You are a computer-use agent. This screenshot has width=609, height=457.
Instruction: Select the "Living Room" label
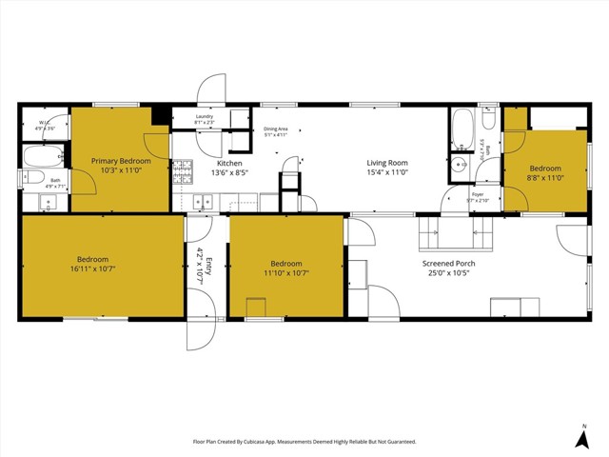(x=387, y=163)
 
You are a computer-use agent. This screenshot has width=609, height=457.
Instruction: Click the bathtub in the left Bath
(x=41, y=156)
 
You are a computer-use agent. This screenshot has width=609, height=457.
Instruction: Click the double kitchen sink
(x=203, y=201)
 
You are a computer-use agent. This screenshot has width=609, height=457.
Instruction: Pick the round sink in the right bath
(x=462, y=164)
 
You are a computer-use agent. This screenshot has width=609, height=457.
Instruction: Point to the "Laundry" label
(x=204, y=117)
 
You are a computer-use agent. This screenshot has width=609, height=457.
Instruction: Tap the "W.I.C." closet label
(x=45, y=123)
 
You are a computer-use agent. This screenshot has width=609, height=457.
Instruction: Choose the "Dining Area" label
(x=276, y=129)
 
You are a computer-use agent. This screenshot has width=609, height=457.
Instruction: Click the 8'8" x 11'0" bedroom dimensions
(x=545, y=177)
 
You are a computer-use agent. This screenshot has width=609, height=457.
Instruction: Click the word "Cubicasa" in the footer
(x=283, y=442)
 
